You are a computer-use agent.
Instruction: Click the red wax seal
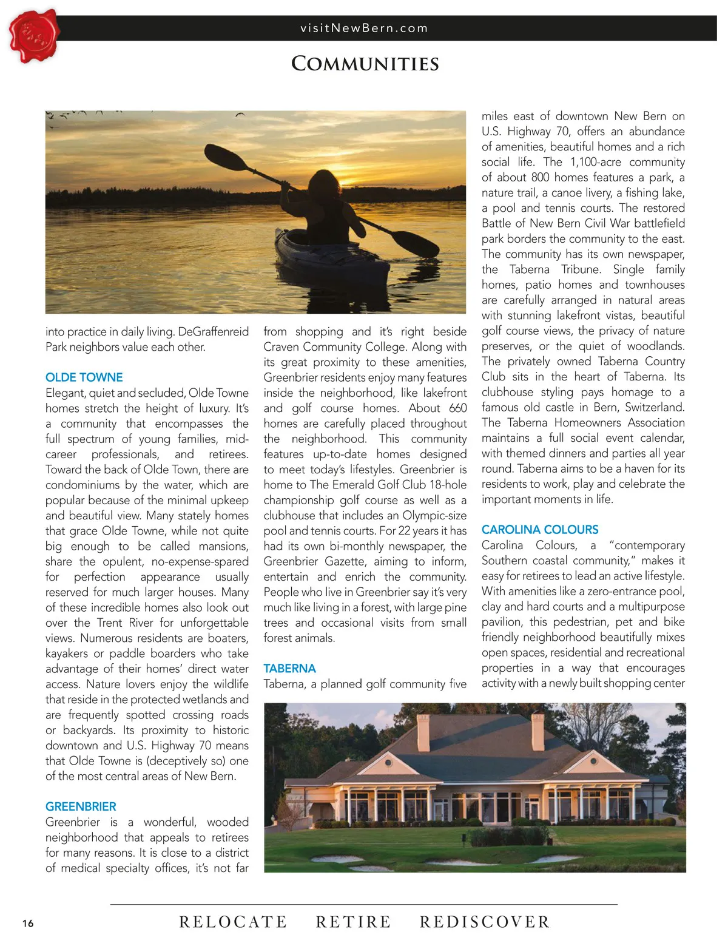tap(34, 36)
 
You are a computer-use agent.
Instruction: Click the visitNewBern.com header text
tap(364, 28)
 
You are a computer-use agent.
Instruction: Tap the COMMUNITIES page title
tap(365, 64)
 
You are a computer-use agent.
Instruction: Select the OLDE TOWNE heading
tap(84, 377)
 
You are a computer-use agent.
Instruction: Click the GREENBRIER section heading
tap(81, 806)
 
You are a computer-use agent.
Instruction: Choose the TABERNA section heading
tap(289, 669)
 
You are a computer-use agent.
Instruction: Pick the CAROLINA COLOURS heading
tap(540, 530)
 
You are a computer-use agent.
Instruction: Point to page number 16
tap(28, 924)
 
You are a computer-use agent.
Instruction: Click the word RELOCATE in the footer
tap(233, 922)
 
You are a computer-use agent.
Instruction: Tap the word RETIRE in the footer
tap(354, 922)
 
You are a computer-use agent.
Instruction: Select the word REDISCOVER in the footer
tap(485, 922)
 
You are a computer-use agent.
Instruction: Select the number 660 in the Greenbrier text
tap(457, 408)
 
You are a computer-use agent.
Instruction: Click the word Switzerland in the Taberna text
tap(654, 407)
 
